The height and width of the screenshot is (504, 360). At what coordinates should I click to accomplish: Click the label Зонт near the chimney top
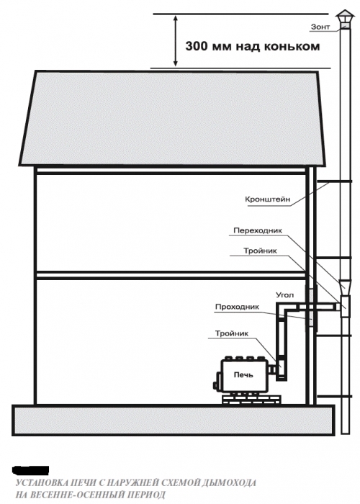coord(320,27)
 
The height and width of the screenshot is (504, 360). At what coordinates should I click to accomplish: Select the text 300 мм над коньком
coord(253,46)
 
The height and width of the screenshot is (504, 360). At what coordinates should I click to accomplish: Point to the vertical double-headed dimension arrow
coord(175,41)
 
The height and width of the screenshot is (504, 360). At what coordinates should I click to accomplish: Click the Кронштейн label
coord(267,199)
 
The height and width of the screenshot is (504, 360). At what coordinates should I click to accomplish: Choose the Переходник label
coord(258,230)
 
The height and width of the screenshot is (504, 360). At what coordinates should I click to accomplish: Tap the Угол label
coord(284,294)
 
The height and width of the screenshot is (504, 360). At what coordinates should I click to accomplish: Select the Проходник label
coord(237,307)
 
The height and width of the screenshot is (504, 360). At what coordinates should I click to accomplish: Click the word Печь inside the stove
coord(243,375)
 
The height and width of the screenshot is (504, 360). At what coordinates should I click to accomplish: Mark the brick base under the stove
coord(251,399)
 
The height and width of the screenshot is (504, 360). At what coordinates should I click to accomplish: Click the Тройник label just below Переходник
coord(260,251)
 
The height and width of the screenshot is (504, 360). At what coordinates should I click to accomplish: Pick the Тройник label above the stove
coord(232,333)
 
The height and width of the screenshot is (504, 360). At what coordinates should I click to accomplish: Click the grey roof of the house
coord(172,118)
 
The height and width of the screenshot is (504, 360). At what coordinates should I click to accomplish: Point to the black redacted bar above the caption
coord(30,470)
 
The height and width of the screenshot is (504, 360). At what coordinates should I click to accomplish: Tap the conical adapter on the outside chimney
coord(345,286)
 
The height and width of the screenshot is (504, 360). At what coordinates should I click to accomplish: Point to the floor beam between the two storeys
coord(171,275)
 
